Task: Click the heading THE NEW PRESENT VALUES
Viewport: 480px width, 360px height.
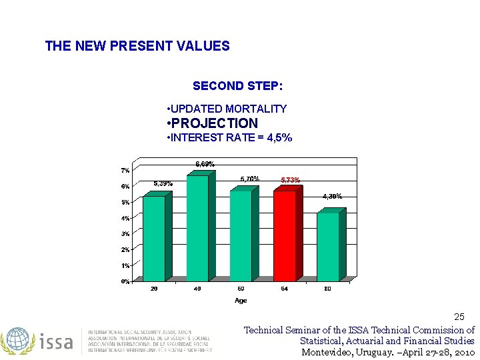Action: pos(137,46)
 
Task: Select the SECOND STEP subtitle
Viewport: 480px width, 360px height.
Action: pos(237,86)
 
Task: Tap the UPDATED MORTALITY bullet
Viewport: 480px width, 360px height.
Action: pos(227,109)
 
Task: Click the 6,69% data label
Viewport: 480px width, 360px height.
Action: pos(205,164)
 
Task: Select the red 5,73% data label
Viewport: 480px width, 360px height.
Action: pos(290,180)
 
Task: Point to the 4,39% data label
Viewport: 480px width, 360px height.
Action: pos(332,196)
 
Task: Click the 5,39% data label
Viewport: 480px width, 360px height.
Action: pos(163,183)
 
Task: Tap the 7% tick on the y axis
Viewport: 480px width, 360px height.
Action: pos(125,171)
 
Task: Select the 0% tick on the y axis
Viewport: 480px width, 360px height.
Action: pos(125,281)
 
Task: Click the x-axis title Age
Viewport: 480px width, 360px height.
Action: pos(241,301)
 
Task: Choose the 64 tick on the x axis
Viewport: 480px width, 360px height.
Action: pos(285,289)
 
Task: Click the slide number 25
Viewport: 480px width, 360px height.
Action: pos(459,317)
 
